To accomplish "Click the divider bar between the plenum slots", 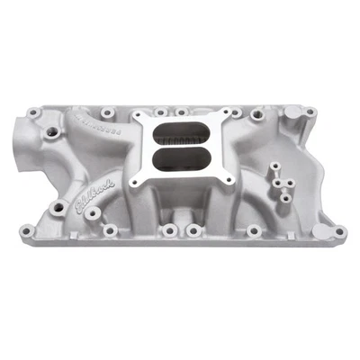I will tap(179, 148).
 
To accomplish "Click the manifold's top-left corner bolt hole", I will tap(33, 113).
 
